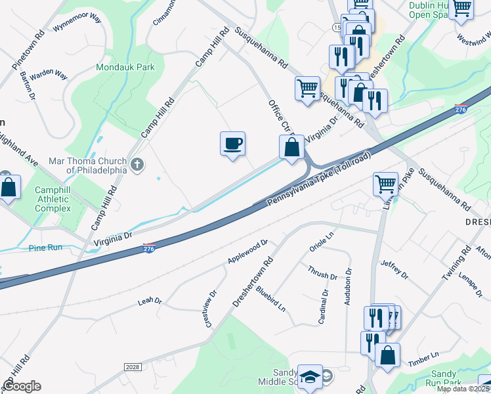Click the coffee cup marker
(x=232, y=144)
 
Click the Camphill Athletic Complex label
(x=52, y=199)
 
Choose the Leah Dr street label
(x=149, y=301)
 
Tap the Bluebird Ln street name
(x=270, y=297)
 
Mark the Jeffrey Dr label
(x=394, y=269)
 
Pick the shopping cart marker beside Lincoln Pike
(x=385, y=184)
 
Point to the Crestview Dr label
(x=210, y=309)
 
